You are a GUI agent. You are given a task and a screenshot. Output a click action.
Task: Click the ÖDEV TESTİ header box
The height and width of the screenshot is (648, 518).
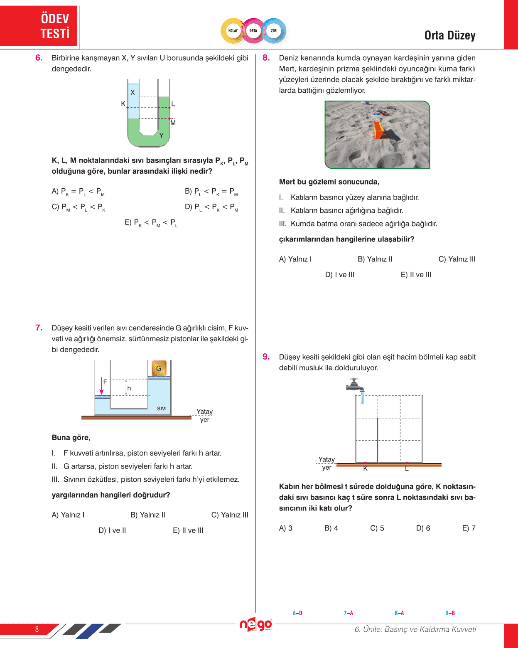click(x=39, y=26)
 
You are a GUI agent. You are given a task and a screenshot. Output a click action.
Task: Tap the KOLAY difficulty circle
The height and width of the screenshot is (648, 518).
click(x=233, y=31)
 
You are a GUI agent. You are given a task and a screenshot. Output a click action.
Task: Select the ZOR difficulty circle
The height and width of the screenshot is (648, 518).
click(x=274, y=31)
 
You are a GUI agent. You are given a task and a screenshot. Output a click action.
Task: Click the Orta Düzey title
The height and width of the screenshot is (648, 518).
click(x=449, y=36)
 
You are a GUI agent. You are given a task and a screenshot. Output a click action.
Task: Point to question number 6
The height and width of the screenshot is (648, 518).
click(x=39, y=58)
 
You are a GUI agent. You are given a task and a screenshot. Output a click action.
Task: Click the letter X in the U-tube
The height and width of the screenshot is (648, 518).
click(x=133, y=92)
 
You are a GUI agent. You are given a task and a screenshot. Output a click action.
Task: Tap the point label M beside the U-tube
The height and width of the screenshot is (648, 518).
click(x=173, y=123)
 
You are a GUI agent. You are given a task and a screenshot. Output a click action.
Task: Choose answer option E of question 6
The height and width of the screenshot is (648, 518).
click(x=151, y=223)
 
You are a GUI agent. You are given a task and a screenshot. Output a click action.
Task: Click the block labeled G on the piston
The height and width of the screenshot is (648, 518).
click(x=159, y=368)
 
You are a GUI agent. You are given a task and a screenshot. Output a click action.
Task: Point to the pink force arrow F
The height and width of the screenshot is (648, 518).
click(x=101, y=386)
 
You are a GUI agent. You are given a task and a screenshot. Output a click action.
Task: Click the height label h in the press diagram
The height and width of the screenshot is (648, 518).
click(x=129, y=388)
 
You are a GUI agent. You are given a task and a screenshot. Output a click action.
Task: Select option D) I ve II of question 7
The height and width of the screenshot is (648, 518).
click(x=112, y=530)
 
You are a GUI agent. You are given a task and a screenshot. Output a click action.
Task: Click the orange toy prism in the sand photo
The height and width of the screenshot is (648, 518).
click(x=378, y=130)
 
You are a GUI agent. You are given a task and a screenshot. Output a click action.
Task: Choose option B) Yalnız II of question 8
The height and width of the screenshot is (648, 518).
click(x=375, y=259)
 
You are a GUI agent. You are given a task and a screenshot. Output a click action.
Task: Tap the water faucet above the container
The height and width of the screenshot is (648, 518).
click(x=356, y=386)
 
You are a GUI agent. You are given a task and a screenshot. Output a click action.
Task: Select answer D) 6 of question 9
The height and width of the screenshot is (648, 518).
click(x=423, y=528)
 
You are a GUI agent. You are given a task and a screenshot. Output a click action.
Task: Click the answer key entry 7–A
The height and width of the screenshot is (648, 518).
click(x=348, y=613)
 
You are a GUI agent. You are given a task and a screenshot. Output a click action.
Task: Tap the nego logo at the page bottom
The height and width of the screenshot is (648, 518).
click(x=255, y=624)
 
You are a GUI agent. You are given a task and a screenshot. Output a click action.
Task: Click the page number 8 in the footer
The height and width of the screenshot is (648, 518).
click(x=37, y=629)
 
